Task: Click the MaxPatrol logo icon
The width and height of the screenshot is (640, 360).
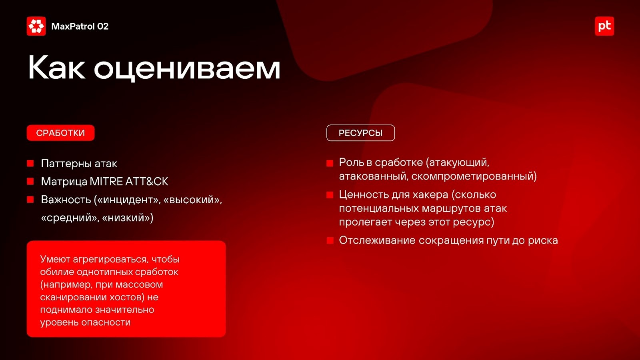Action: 36,26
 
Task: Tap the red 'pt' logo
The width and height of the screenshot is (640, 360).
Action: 604,26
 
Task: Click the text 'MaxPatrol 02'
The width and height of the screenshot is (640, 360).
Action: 80,26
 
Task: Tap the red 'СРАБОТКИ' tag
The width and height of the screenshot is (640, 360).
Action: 60,133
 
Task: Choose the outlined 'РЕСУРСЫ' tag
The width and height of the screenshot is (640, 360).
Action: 360,133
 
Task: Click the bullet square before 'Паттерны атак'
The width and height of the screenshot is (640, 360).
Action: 30,164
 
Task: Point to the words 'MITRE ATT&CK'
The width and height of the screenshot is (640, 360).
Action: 129,182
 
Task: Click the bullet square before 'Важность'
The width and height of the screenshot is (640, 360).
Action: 30,200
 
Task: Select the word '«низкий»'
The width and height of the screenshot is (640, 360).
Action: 128,218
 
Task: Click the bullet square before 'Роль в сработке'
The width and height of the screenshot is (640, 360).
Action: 330,163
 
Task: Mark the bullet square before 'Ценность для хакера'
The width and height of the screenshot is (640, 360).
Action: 330,195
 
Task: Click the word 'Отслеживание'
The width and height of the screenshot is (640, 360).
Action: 377,240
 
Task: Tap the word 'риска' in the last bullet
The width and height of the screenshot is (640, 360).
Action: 543,241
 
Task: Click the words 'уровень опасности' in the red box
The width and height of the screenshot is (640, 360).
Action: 85,322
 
